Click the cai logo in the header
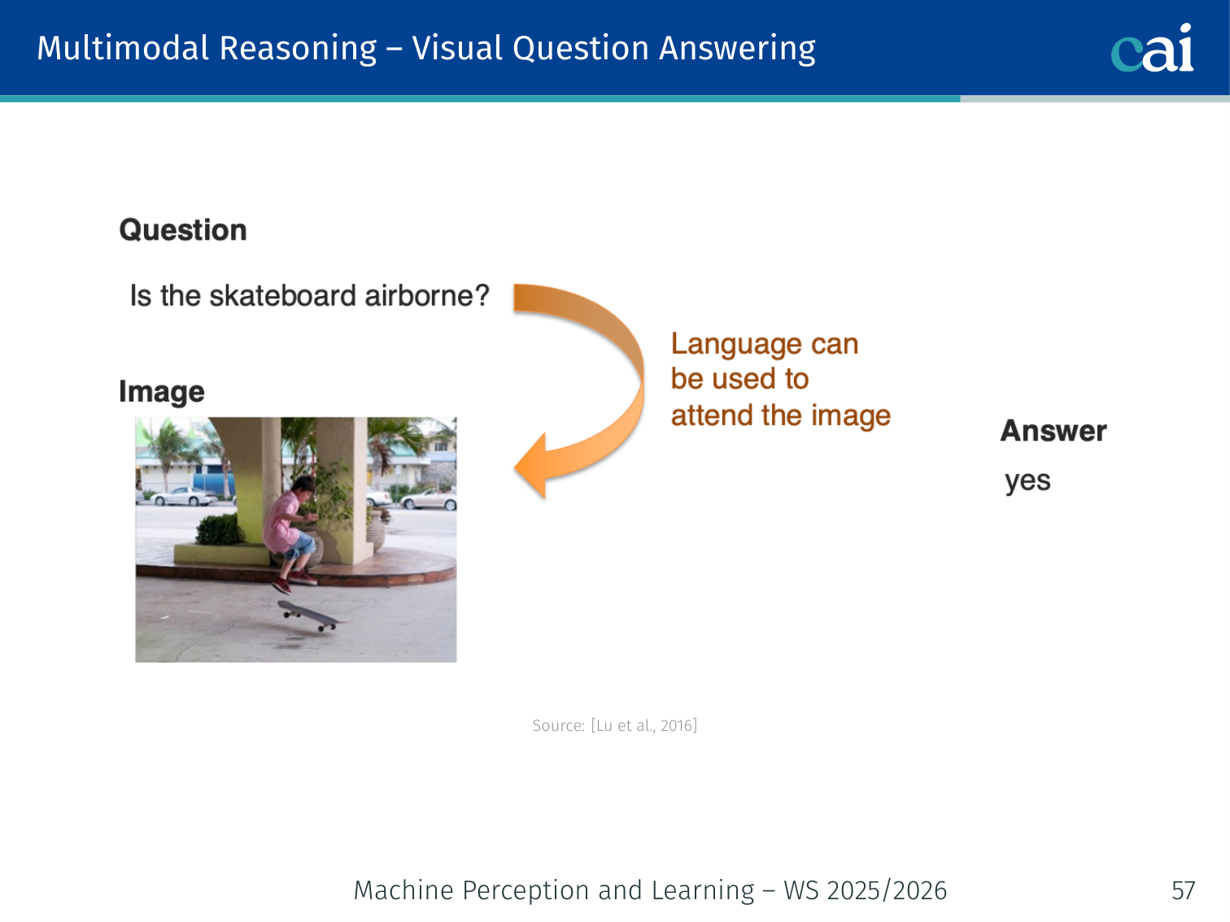pyautogui.click(x=1152, y=48)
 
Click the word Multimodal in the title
pyautogui.click(x=123, y=48)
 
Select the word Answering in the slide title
pyautogui.click(x=737, y=50)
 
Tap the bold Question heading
pyautogui.click(x=183, y=230)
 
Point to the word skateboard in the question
pyautogui.click(x=283, y=296)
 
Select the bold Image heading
pyautogui.click(x=161, y=392)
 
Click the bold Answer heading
pyautogui.click(x=1053, y=431)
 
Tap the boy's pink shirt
pyautogui.click(x=282, y=520)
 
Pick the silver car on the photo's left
pyautogui.click(x=183, y=496)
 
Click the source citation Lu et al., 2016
pyautogui.click(x=644, y=725)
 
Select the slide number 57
pyautogui.click(x=1183, y=890)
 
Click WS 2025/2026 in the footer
pyautogui.click(x=866, y=890)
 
